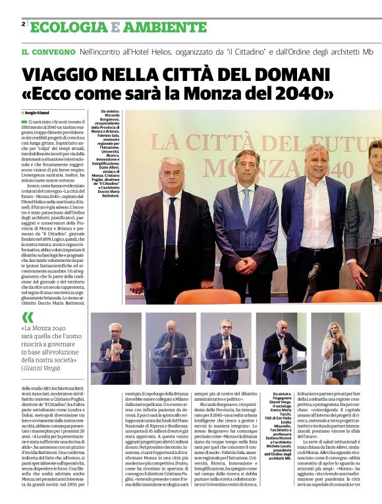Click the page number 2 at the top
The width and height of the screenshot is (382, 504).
tap(24, 24)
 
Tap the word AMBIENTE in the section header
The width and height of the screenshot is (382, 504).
tap(164, 27)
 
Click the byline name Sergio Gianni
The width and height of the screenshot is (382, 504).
tap(38, 113)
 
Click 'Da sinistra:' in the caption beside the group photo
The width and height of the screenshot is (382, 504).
tap(111, 113)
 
